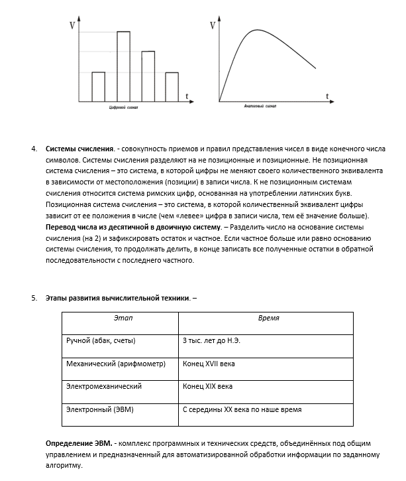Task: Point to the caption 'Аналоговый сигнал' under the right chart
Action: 260,106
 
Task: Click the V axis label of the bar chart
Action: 72,27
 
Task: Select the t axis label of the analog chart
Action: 327,97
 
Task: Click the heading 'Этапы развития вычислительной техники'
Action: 117,298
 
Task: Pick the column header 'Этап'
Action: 123,318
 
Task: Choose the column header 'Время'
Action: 268,318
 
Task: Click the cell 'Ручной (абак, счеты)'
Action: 101,340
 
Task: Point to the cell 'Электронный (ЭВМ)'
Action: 101,409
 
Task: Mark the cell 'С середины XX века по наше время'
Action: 246,409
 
